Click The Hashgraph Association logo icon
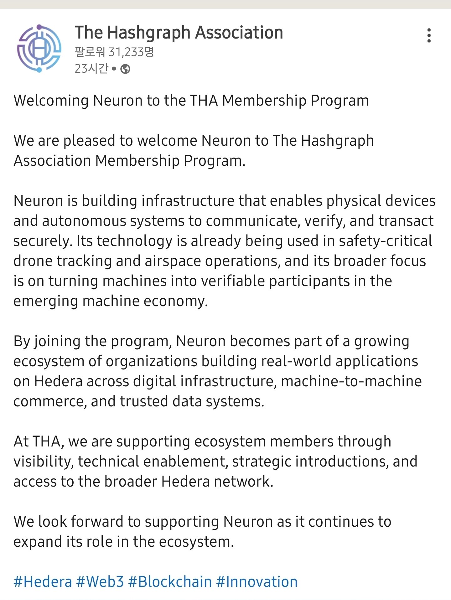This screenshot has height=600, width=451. (39, 49)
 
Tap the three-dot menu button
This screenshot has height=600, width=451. (429, 35)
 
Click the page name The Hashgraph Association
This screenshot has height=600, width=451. (179, 33)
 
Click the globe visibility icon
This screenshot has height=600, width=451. (125, 69)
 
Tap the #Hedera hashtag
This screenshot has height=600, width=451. (43, 582)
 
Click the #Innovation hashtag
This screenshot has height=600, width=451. (257, 582)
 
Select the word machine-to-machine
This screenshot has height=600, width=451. (351, 381)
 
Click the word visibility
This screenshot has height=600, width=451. (43, 462)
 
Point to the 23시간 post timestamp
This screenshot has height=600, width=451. (91, 69)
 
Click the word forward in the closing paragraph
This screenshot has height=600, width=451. (97, 522)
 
